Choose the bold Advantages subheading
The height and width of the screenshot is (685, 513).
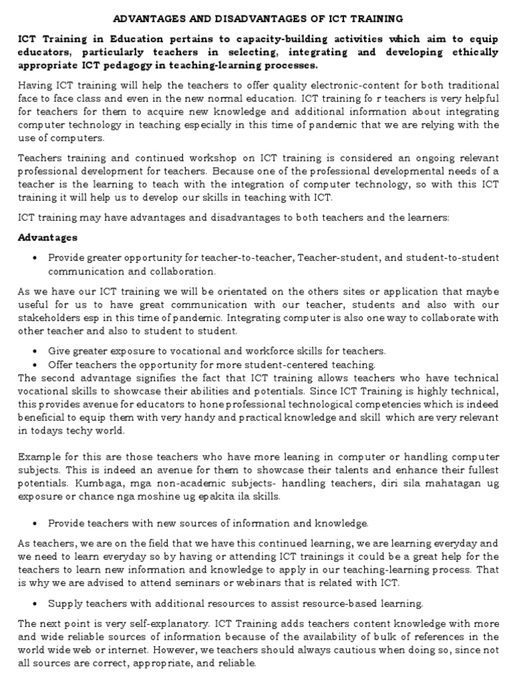(47, 237)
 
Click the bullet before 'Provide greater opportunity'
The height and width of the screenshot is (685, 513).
(34, 258)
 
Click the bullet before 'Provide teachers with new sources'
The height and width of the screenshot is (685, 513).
(34, 522)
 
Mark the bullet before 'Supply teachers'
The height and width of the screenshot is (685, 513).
(34, 603)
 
